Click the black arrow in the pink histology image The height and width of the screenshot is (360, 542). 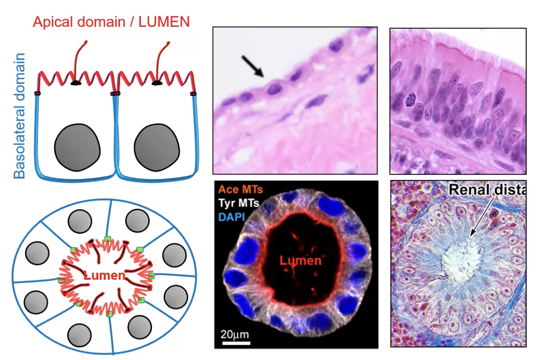pos(253,66)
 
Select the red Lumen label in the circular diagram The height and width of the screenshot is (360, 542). pos(104,276)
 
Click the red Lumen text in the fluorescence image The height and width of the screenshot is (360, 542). pos(300,261)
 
